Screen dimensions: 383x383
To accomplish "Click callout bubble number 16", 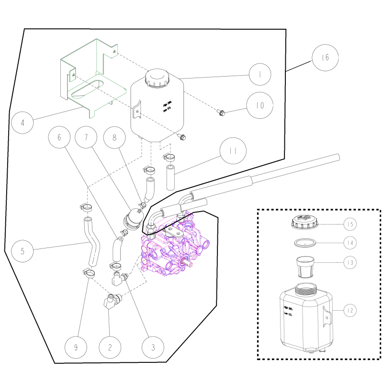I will tap(325, 58).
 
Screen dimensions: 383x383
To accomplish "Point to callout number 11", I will tap(232, 151).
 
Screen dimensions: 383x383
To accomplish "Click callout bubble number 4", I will tap(23, 123).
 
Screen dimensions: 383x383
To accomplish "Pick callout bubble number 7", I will tap(87, 137).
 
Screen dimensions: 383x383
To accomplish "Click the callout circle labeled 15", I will tap(350, 224).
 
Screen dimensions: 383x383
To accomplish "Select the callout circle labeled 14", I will tap(350, 243).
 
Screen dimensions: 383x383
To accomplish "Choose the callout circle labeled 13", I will tap(350, 262).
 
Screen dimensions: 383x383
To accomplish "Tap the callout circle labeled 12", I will tap(350, 311).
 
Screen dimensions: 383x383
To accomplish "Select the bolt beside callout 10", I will tap(221, 113).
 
